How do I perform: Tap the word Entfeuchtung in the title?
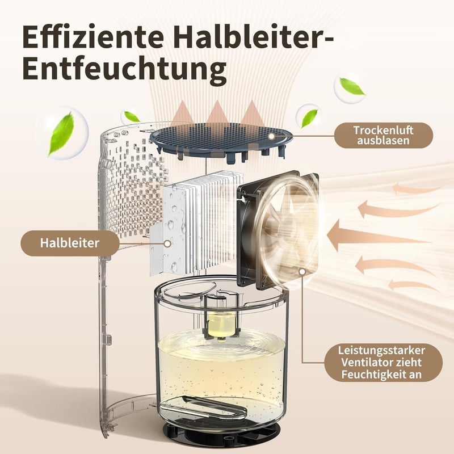coord(124,69)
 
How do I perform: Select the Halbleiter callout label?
coord(70,243)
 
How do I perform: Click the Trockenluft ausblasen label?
coord(384,135)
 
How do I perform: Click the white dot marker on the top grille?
coord(271,136)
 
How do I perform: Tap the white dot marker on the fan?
coord(302,272)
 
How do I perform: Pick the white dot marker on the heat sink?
coord(167,243)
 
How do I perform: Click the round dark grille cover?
coord(221,141)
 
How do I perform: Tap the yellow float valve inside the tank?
coord(221,326)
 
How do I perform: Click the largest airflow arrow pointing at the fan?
coord(376,235)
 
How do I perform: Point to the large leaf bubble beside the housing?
coord(61,134)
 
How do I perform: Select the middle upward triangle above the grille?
coord(217,115)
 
